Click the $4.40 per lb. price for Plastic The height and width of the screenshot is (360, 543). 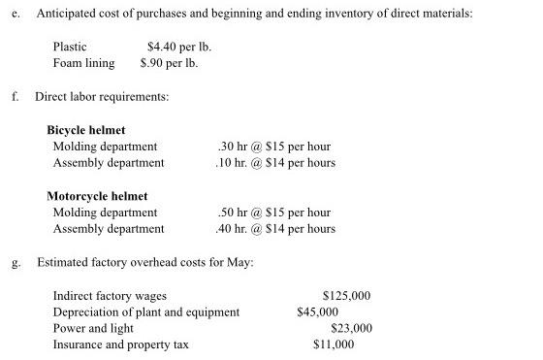coord(179,47)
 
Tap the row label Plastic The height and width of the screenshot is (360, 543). coord(70,47)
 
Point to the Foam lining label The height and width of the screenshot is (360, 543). coord(83,63)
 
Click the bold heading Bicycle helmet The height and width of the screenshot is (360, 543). coord(86,130)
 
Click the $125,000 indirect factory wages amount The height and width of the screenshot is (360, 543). coord(345,296)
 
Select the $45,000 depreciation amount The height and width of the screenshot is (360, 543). coord(317,312)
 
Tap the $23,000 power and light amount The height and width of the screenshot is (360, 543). coord(349,328)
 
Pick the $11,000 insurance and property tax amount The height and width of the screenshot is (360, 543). coord(334,344)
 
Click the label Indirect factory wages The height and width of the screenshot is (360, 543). coord(110,296)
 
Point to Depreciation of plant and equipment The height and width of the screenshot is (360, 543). coord(146,312)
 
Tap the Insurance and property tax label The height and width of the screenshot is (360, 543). coord(121,344)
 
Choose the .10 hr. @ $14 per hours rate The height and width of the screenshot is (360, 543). coord(275,162)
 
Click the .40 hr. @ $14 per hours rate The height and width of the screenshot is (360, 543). coord(275,229)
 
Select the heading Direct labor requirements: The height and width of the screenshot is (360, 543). coord(102,97)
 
